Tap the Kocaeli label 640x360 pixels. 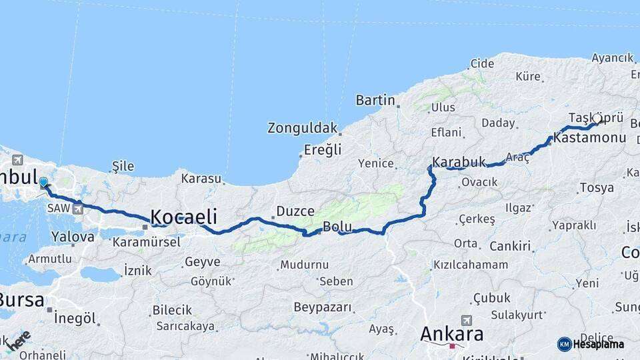point(184,217)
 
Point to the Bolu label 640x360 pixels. point(337,227)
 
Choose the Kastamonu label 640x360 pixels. point(589,138)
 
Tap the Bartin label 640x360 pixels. point(375,100)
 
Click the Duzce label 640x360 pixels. point(295,211)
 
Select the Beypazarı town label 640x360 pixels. point(322,307)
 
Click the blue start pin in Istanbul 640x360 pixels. point(43,183)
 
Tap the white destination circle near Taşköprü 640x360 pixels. point(597,119)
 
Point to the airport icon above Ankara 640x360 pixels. point(465,321)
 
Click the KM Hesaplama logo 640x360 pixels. point(591,344)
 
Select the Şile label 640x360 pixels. point(123,166)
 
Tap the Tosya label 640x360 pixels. point(597,187)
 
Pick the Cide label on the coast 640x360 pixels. point(482,63)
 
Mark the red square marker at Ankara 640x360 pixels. point(453,346)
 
